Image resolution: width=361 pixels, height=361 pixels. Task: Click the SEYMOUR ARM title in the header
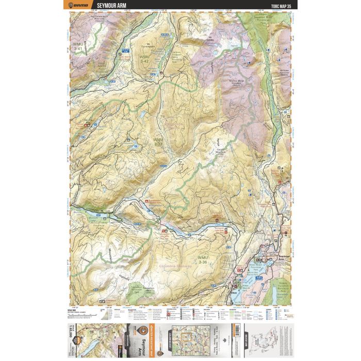pos(106,5)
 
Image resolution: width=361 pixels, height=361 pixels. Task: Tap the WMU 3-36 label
pos(205,259)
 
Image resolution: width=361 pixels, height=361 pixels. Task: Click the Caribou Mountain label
pos(221,147)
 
